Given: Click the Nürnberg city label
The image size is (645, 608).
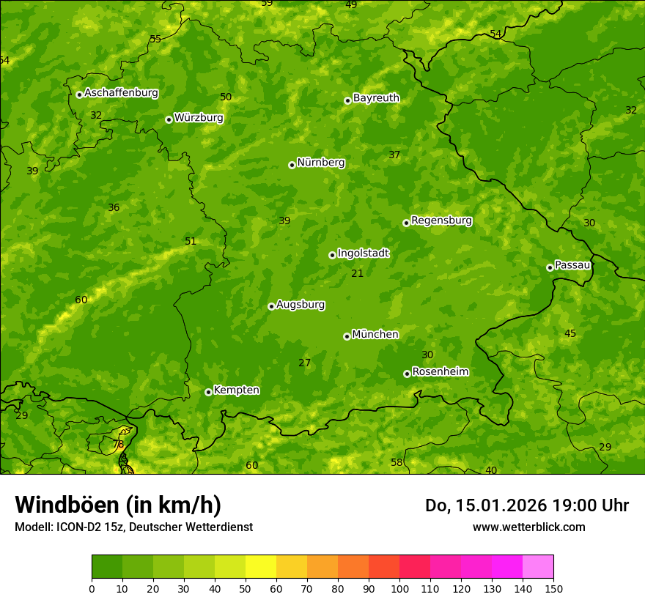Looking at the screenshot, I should click(x=320, y=163).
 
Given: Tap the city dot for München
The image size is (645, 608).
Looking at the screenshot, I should click(x=347, y=336).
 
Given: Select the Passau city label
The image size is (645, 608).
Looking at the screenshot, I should click(x=572, y=265).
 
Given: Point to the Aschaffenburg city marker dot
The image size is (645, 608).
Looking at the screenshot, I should click(x=79, y=94).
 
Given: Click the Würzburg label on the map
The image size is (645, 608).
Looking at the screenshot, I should click(x=199, y=118).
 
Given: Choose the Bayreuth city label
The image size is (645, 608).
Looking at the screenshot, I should click(x=376, y=98).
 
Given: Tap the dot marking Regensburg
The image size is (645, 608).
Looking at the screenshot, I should click(x=406, y=223).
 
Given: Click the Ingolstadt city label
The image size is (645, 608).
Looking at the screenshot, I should click(x=363, y=253).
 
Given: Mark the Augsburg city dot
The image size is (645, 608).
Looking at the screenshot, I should click(x=271, y=306).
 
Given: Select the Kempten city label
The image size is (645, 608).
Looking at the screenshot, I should click(x=236, y=390).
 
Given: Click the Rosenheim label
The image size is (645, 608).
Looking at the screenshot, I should click(x=440, y=372).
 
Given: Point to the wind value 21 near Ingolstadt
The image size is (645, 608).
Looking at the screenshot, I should click(x=357, y=274).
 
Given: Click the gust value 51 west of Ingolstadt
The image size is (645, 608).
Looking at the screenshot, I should click(x=191, y=242).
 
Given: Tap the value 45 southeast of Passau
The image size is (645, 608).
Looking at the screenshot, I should click(x=570, y=334).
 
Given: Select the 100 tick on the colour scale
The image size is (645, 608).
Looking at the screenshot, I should click(x=399, y=588).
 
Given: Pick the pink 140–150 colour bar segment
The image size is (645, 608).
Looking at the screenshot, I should click(x=538, y=567).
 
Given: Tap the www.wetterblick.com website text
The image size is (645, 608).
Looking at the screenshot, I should click(x=528, y=527).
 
